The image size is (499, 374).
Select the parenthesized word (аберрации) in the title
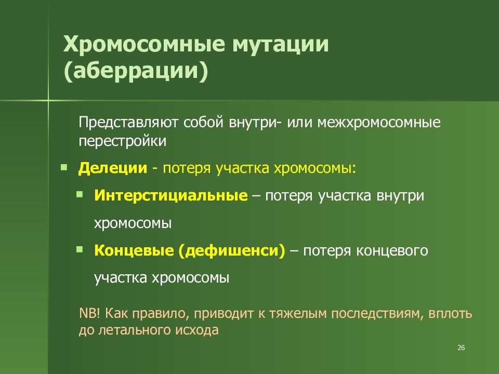136,72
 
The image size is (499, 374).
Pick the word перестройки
123,141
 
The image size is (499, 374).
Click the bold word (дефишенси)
231,251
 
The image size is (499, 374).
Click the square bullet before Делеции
63,167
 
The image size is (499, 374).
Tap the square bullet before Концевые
79,249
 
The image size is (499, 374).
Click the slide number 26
461,348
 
